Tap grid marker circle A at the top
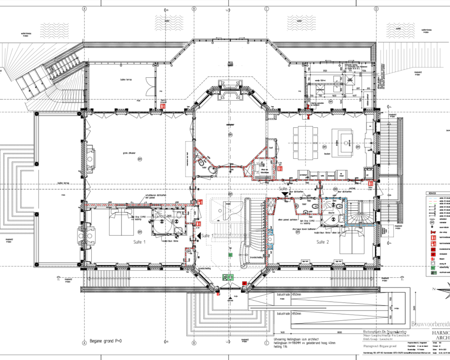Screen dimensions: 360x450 [x=84, y=9]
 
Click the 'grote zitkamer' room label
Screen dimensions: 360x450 [x=129, y=153]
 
